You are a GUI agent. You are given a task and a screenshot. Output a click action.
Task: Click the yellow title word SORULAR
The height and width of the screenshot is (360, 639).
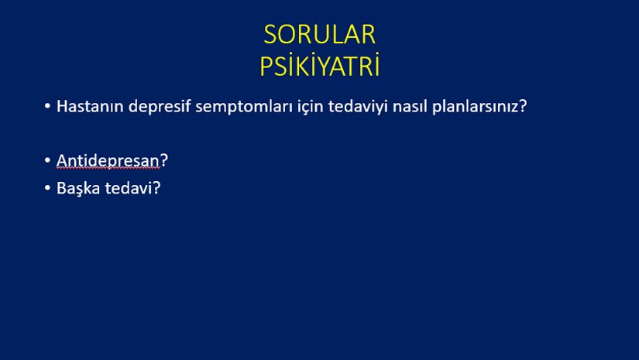pyautogui.click(x=319, y=35)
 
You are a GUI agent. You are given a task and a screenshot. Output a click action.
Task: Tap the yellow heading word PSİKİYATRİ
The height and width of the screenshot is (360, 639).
pyautogui.click(x=320, y=65)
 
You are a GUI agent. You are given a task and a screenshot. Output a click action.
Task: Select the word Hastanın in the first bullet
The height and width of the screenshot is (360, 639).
pyautogui.click(x=90, y=106)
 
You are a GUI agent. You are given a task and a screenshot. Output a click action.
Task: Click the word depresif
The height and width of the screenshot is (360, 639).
pyautogui.click(x=160, y=107)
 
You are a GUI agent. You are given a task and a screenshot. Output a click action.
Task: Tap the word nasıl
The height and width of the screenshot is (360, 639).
pyautogui.click(x=410, y=107)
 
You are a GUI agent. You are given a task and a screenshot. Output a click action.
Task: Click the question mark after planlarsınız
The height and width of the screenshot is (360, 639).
pyautogui.click(x=523, y=106)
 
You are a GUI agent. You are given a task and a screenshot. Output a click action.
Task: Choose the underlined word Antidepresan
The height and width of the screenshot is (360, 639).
pyautogui.click(x=108, y=161)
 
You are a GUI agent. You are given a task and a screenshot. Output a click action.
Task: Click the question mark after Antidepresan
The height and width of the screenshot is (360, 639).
pyautogui.click(x=164, y=160)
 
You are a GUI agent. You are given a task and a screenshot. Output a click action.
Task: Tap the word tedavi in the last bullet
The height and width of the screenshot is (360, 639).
pyautogui.click(x=129, y=188)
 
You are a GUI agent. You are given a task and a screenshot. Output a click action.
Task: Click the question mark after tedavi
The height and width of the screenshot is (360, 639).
pyautogui.click(x=156, y=188)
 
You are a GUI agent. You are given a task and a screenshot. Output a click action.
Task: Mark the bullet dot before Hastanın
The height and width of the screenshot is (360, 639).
pyautogui.click(x=47, y=106)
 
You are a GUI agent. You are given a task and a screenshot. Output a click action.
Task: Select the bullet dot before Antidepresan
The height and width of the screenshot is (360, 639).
pyautogui.click(x=47, y=160)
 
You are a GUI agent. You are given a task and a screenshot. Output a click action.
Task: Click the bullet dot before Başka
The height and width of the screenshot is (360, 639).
pyautogui.click(x=47, y=188)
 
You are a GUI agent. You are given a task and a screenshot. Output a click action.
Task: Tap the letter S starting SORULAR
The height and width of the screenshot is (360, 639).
pyautogui.click(x=270, y=35)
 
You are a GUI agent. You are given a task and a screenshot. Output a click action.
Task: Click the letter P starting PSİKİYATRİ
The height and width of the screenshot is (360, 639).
pyautogui.click(x=266, y=66)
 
